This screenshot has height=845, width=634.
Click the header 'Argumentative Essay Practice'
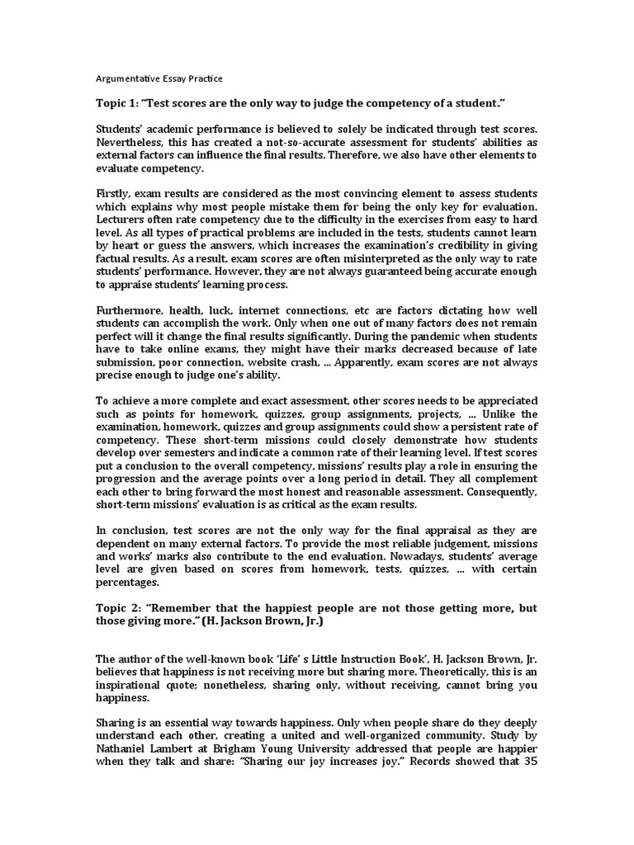click(x=159, y=78)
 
